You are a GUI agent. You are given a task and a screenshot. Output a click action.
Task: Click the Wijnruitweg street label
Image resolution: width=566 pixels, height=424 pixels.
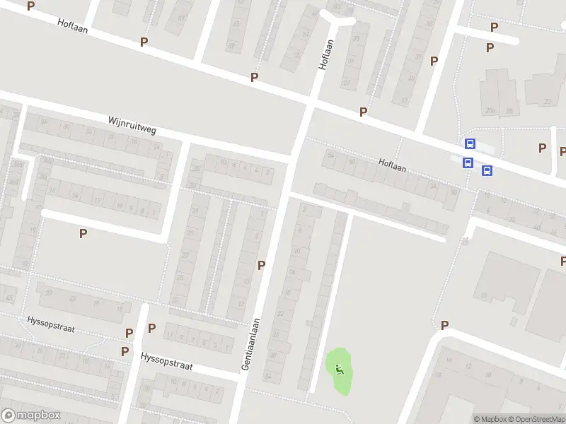pos(132,126)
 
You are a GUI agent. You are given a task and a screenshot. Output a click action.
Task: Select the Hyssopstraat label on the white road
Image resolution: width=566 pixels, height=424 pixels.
pos(167,362)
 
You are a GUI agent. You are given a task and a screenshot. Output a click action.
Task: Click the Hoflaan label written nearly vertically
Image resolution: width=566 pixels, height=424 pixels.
pos(325,53)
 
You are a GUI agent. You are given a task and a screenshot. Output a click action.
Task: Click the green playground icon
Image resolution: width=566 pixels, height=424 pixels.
pos(340,367)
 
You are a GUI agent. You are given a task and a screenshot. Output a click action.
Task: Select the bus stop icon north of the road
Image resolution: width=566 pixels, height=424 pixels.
pos(470,143)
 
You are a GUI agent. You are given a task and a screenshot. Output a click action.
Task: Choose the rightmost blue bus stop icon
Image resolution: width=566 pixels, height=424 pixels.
pos(487,170)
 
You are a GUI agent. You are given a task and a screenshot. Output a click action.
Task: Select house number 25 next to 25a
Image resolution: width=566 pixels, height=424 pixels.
pos(509,110)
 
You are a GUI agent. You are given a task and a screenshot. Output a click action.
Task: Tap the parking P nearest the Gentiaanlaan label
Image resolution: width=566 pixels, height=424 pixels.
pos(261,265)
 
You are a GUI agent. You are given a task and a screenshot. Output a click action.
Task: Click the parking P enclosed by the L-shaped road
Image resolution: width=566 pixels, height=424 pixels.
pos(83,233)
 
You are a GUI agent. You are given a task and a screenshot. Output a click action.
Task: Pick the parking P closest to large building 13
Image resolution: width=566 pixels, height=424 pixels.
pos(445,325)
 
